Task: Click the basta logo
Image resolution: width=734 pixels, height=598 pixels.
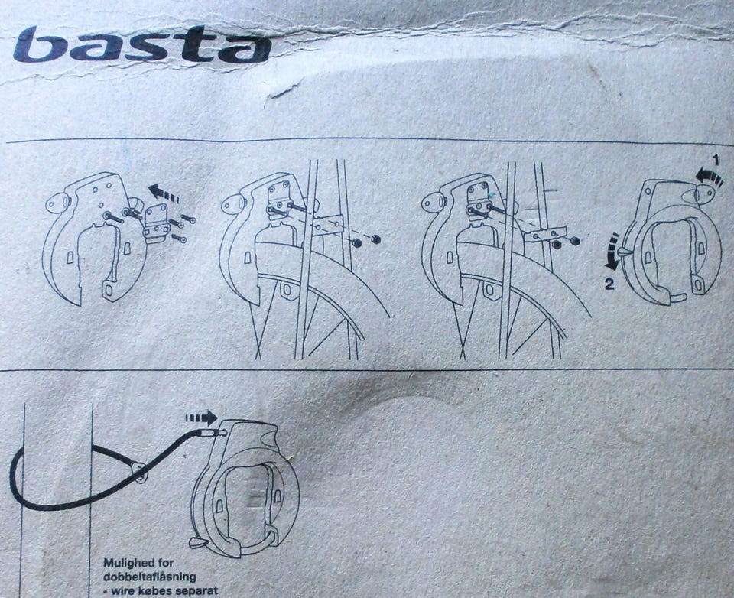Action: coord(142,44)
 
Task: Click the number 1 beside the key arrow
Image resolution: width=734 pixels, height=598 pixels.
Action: coord(715,160)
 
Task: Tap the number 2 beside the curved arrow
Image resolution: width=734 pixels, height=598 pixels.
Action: coord(609,284)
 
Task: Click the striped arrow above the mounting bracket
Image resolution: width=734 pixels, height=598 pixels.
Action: coord(164,193)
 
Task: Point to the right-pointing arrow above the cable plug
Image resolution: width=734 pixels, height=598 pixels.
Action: coord(201,418)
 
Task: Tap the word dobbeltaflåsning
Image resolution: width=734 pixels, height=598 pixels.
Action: coord(149,577)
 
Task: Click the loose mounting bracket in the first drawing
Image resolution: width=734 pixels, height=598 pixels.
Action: coord(157,224)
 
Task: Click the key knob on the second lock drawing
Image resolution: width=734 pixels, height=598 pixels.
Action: coord(233,205)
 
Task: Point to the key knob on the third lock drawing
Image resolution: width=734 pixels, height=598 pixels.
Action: coord(434,203)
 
